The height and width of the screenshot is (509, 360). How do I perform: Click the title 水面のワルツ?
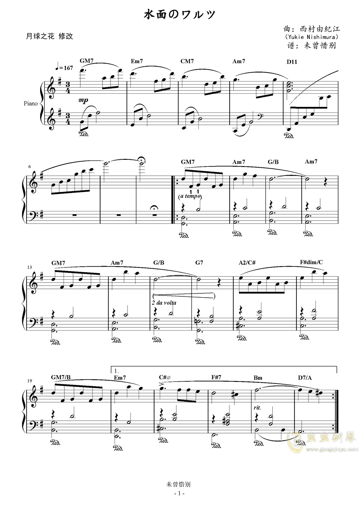180,15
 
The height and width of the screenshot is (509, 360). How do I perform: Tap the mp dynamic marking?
83,100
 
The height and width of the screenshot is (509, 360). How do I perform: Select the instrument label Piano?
31,103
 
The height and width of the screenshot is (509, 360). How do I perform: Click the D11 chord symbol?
292,62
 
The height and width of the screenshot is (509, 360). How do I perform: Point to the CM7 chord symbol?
187,61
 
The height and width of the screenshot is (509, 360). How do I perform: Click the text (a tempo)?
190,196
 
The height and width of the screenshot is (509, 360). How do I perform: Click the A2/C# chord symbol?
247,263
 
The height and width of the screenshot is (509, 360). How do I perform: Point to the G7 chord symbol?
199,263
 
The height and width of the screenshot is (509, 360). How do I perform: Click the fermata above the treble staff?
142,159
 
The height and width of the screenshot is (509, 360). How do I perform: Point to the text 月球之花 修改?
49,37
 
